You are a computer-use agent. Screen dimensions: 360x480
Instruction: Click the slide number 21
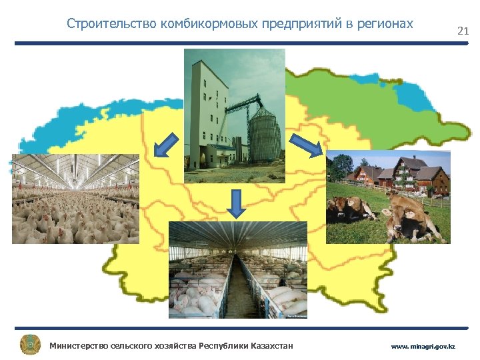click(463, 31)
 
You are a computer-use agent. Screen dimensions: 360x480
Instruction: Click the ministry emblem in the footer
click(30, 345)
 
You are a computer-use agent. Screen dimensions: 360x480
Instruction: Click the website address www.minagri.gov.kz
click(423, 347)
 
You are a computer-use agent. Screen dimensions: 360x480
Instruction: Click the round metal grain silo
click(264, 137)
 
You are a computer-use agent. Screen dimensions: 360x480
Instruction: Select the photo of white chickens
click(75, 199)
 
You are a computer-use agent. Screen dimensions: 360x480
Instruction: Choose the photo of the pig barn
click(238, 269)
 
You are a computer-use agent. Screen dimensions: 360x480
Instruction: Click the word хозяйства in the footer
click(167, 345)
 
